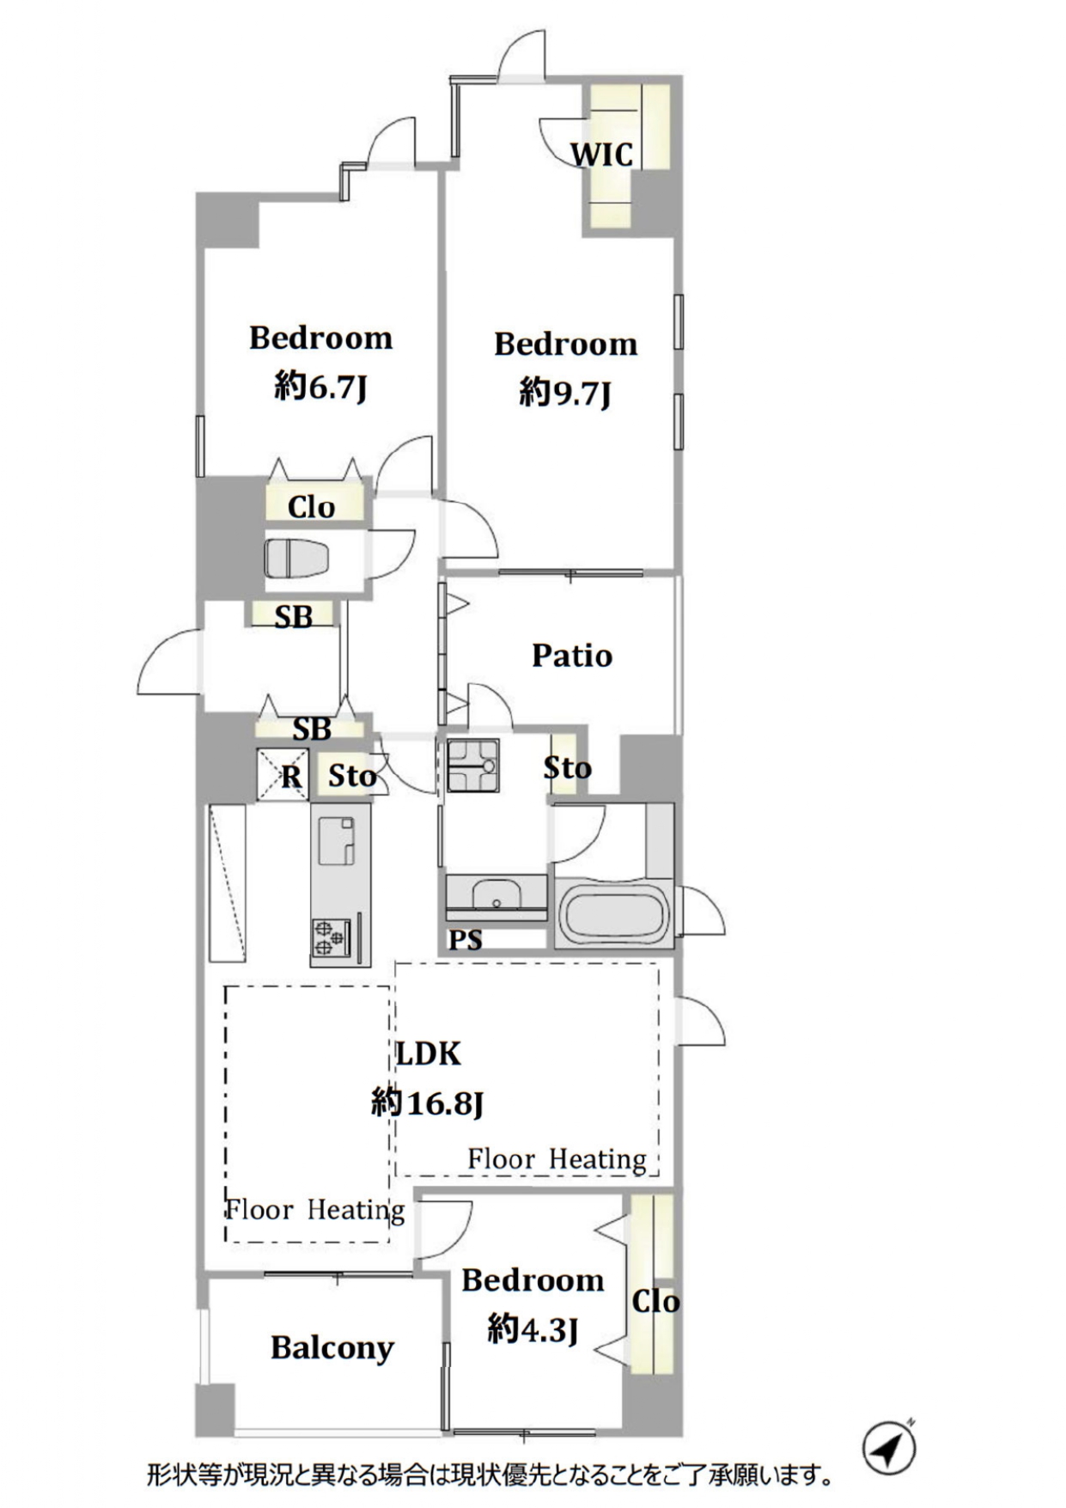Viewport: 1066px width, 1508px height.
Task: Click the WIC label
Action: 602,155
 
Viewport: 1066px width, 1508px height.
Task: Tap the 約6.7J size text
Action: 321,388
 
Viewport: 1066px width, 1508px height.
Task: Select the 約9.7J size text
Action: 565,394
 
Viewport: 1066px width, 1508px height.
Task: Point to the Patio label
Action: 572,656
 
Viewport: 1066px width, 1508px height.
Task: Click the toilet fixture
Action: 296,559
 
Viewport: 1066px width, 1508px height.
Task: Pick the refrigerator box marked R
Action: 283,776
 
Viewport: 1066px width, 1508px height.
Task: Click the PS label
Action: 466,940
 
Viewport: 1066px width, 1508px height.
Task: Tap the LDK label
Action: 428,1053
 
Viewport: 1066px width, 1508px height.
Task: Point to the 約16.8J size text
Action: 428,1102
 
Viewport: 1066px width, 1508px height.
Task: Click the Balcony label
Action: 332,1348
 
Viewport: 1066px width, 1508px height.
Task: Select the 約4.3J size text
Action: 533,1330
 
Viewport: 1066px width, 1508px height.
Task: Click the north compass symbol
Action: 889,1448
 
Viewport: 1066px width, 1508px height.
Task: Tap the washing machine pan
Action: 472,766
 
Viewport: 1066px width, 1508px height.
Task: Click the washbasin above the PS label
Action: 496,894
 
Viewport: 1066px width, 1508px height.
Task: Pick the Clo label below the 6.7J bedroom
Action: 311,507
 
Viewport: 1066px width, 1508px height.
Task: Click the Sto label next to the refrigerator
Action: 352,777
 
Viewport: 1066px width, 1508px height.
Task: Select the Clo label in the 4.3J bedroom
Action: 655,1301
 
